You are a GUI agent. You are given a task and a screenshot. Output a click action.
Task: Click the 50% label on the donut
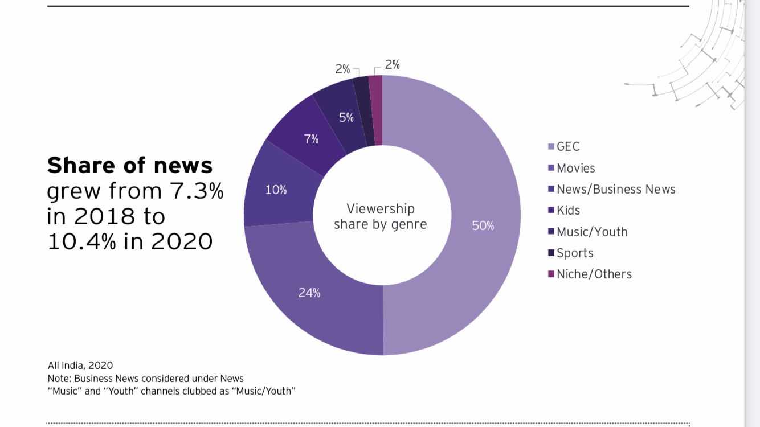[483, 226]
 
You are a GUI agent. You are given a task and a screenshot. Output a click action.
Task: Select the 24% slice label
[309, 293]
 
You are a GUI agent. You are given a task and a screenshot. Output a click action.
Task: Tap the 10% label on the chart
[276, 190]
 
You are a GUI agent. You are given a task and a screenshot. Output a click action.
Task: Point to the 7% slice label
[311, 139]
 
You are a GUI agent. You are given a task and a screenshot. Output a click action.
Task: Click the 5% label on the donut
[346, 118]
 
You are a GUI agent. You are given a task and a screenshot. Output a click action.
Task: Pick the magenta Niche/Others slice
[376, 108]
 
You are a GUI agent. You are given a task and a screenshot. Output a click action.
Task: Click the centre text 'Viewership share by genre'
[381, 216]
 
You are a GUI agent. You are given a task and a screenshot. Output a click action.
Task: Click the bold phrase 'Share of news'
[130, 166]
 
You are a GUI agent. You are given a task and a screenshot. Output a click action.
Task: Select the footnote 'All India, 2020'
[80, 366]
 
